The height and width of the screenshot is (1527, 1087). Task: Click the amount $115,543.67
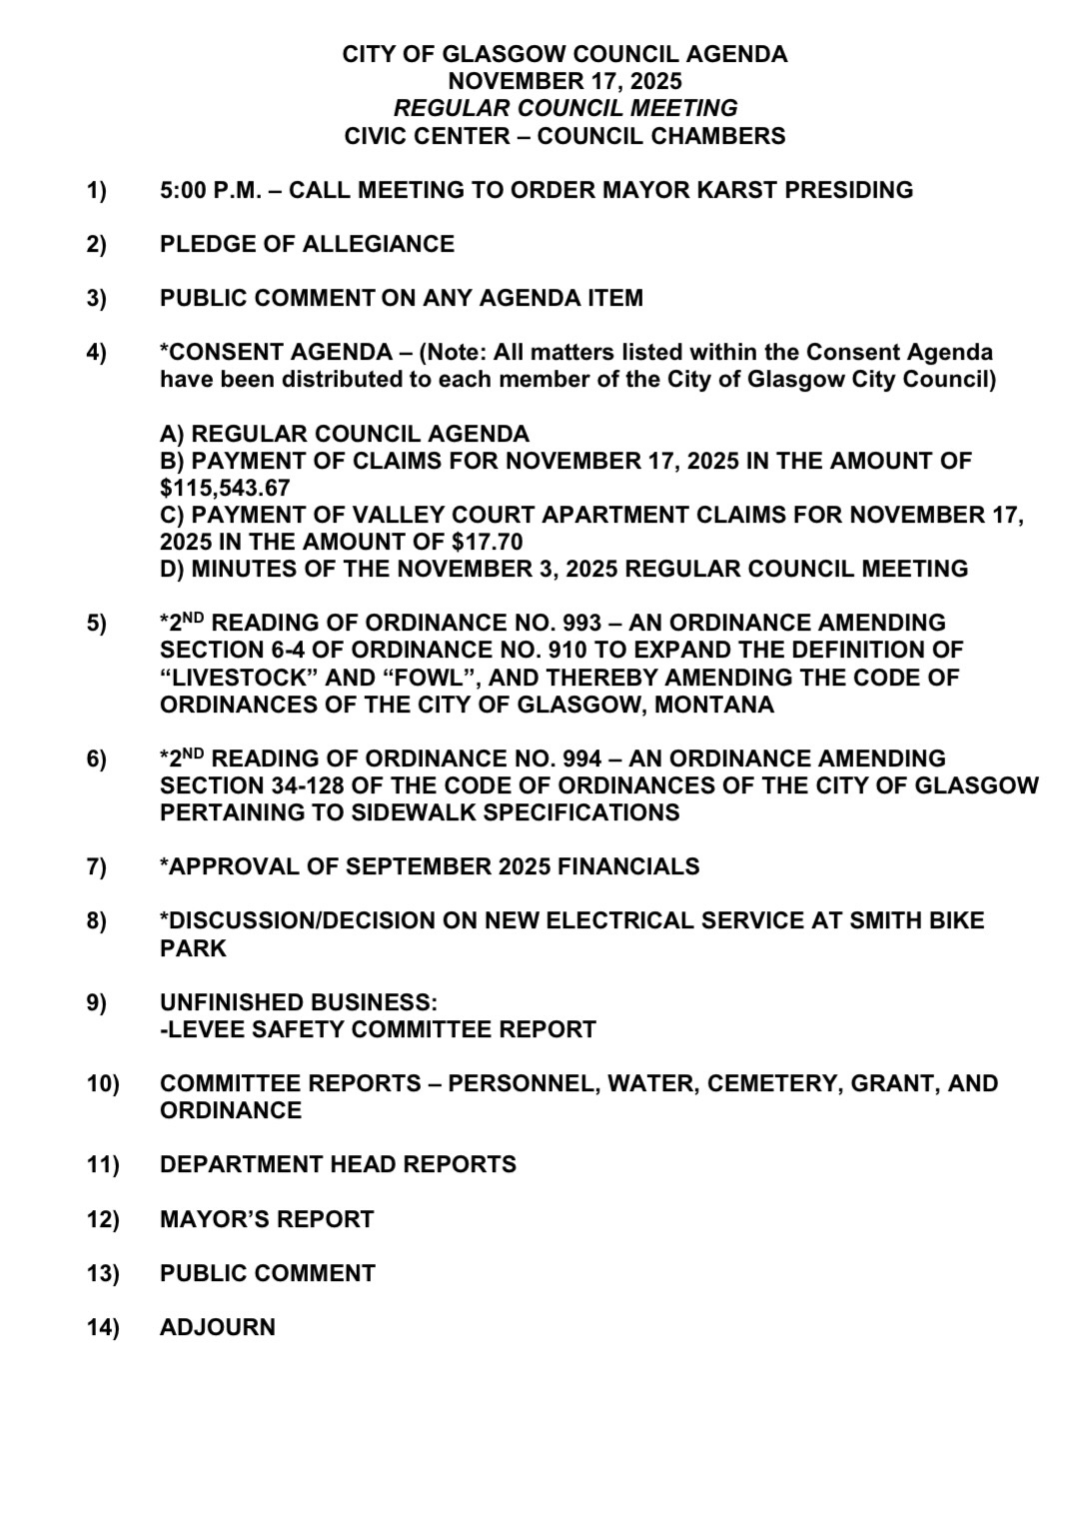point(225,488)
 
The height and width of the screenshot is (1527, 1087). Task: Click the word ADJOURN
point(218,1327)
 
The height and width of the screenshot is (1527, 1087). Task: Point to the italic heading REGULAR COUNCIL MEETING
point(565,108)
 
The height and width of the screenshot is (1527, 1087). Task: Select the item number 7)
point(97,866)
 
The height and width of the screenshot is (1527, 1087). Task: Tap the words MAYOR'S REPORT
point(267,1219)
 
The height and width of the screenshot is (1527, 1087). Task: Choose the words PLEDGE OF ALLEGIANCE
point(307,244)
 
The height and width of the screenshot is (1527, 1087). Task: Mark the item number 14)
point(102,1327)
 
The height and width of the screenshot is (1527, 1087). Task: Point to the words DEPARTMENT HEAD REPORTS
point(338,1164)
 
